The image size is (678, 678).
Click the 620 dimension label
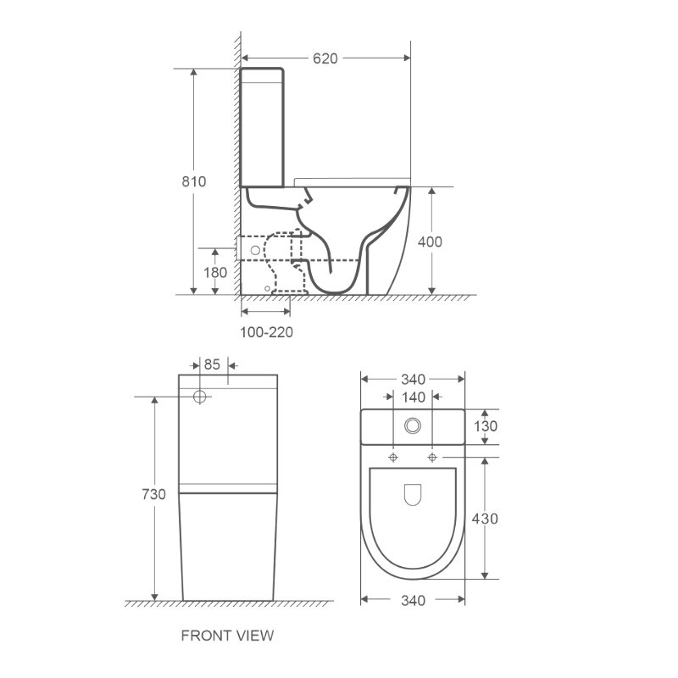(325, 58)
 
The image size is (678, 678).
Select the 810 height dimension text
(194, 181)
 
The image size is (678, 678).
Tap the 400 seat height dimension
(430, 242)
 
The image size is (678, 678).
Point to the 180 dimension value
(215, 272)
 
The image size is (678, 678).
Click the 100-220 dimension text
(266, 332)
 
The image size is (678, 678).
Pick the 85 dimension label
(212, 364)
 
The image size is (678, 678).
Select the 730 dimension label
(154, 494)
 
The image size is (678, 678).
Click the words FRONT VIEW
(227, 635)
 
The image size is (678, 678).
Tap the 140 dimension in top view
(414, 397)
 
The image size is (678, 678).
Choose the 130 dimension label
(486, 426)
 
